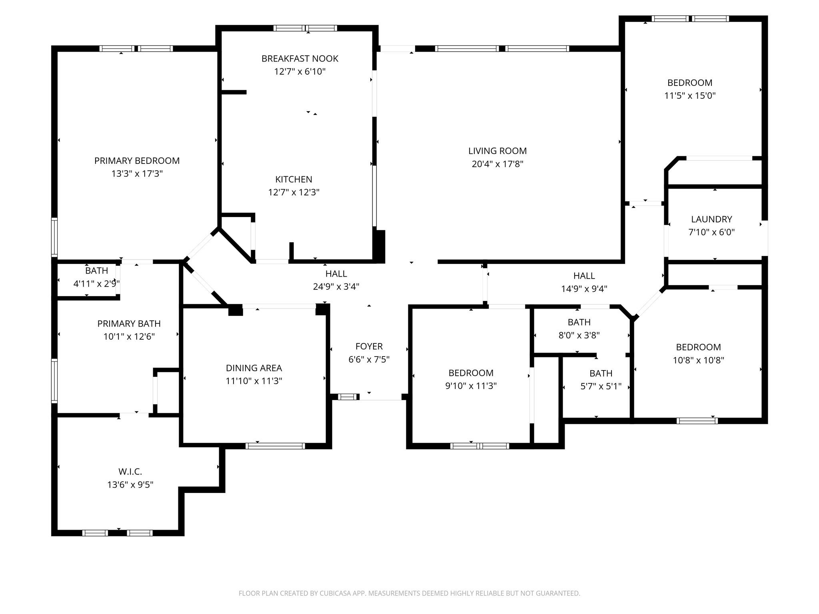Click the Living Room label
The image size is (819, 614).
tap(497, 151)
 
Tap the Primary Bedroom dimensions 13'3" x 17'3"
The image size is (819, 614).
tap(137, 173)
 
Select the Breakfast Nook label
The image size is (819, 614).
tap(300, 59)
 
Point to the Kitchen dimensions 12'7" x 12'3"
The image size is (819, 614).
tap(294, 192)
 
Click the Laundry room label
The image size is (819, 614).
tap(711, 219)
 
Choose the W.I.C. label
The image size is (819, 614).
tap(130, 472)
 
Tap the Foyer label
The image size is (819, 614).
tap(369, 347)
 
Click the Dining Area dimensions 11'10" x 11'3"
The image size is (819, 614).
tap(254, 381)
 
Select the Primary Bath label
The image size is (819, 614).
tap(129, 324)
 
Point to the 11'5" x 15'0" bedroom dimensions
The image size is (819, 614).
tap(690, 96)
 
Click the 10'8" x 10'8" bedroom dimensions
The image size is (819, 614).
tap(698, 360)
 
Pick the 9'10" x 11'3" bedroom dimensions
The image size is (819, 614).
tap(471, 386)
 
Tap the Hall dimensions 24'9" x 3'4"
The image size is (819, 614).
tap(336, 287)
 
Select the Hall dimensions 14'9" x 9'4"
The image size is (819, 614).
tap(584, 289)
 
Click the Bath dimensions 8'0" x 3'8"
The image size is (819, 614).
tap(579, 335)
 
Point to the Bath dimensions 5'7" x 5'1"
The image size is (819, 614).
tap(601, 386)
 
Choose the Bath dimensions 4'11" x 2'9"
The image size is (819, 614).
tap(96, 284)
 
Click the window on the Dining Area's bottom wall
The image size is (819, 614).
tap(276, 446)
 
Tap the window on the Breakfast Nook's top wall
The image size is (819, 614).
tap(306, 28)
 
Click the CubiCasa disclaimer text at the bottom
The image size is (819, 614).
tap(409, 593)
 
